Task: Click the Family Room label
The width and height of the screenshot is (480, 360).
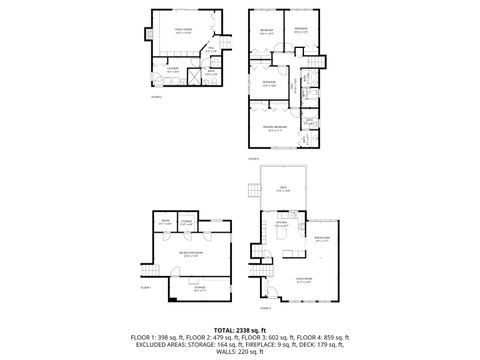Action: pos(183,32)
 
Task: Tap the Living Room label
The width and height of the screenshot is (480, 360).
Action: pos(304,282)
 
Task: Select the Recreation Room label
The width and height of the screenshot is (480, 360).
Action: pos(185,255)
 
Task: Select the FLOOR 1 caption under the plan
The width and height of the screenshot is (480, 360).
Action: pos(145,288)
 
